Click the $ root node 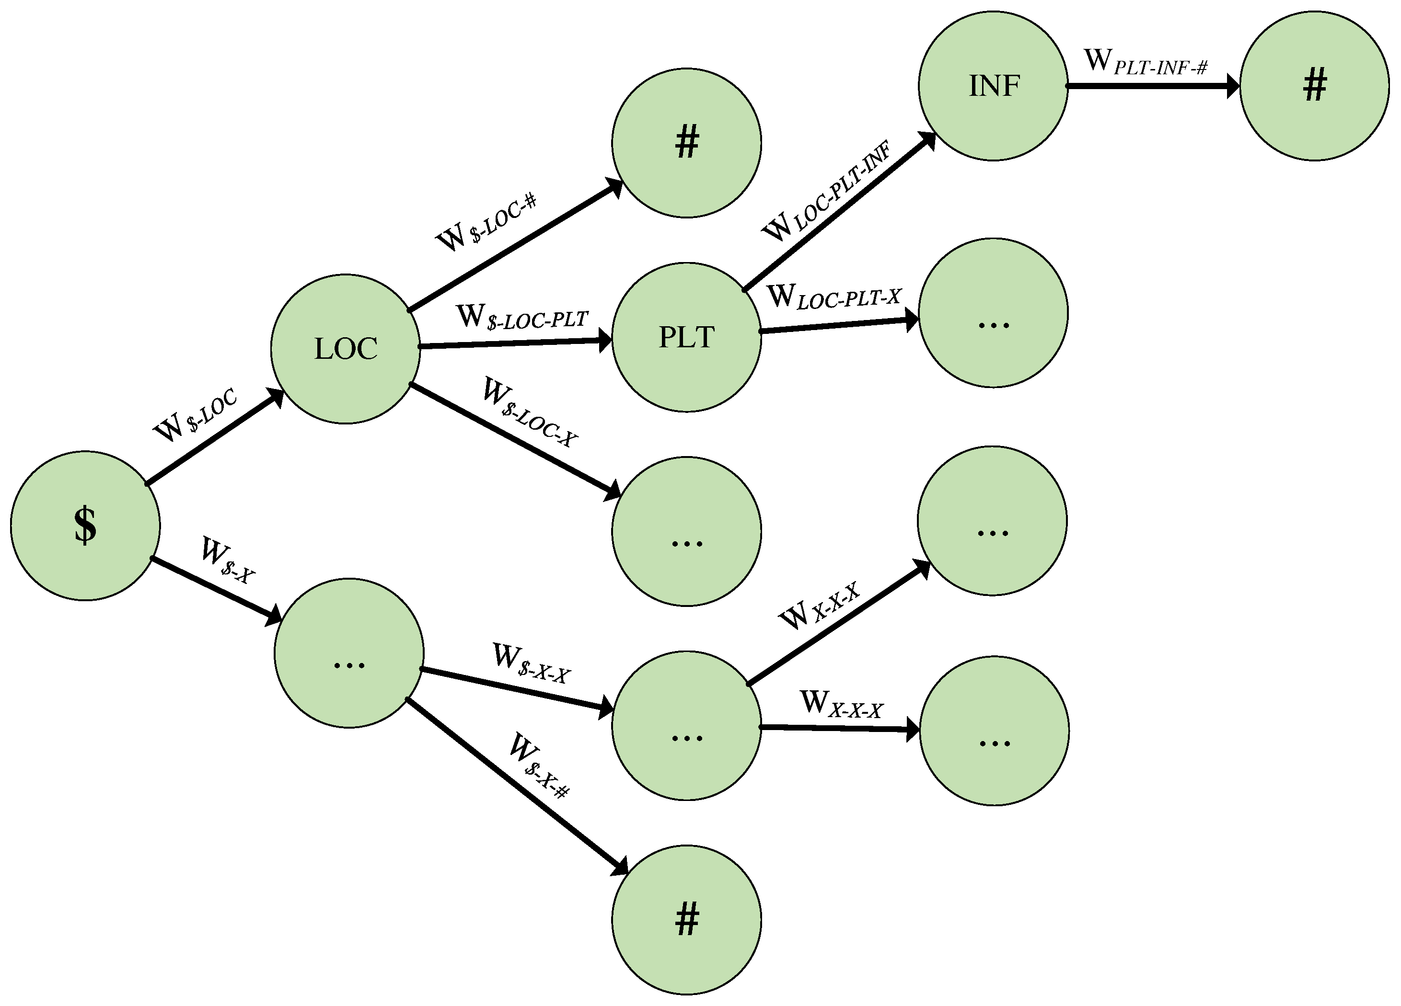pyautogui.click(x=85, y=526)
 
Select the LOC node pyautogui.click(x=345, y=349)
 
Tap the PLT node pyautogui.click(x=686, y=337)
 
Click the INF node pyautogui.click(x=993, y=86)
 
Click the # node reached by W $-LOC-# pyautogui.click(x=686, y=143)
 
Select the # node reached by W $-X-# pyautogui.click(x=686, y=920)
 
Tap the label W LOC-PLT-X pyautogui.click(x=834, y=297)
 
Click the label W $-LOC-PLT pyautogui.click(x=522, y=318)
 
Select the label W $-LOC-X pyautogui.click(x=530, y=412)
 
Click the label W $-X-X pyautogui.click(x=531, y=664)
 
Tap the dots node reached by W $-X pyautogui.click(x=349, y=653)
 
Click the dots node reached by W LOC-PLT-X pyautogui.click(x=993, y=313)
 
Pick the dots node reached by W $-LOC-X pyautogui.click(x=686, y=532)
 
